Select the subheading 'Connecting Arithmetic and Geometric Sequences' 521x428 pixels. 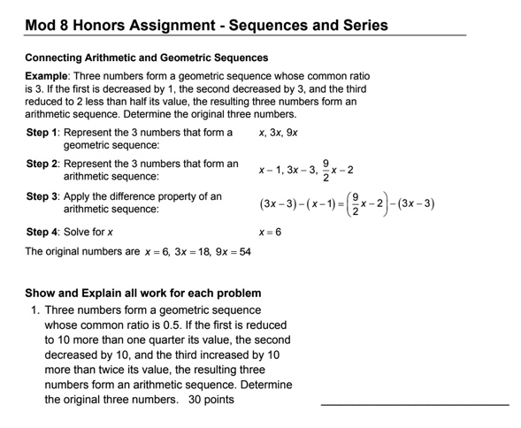click(x=146, y=57)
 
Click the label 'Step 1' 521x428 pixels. click(x=43, y=133)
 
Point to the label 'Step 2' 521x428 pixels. click(x=43, y=164)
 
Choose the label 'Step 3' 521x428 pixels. click(x=43, y=195)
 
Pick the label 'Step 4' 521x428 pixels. click(x=43, y=232)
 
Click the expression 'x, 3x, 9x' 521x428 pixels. click(x=278, y=133)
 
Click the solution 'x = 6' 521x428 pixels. click(x=269, y=232)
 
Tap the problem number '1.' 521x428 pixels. click(x=35, y=310)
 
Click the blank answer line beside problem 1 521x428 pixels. click(x=414, y=404)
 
